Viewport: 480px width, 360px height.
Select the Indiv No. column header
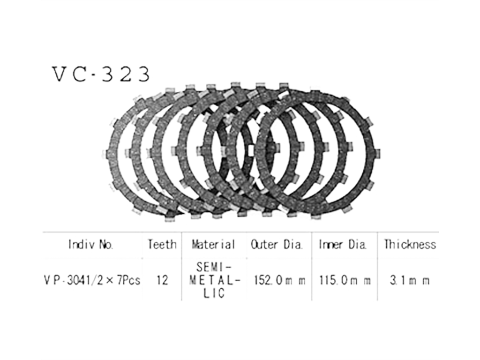click(91, 244)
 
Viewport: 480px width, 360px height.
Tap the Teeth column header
click(162, 244)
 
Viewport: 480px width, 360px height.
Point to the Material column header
click(213, 244)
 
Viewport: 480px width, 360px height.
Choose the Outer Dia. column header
click(277, 244)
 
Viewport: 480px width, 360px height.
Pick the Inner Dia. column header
click(343, 244)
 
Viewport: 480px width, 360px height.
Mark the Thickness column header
click(410, 244)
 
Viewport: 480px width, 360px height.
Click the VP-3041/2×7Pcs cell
click(92, 280)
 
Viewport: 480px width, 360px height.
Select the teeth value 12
click(162, 280)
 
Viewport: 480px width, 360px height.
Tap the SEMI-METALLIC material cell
click(214, 280)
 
